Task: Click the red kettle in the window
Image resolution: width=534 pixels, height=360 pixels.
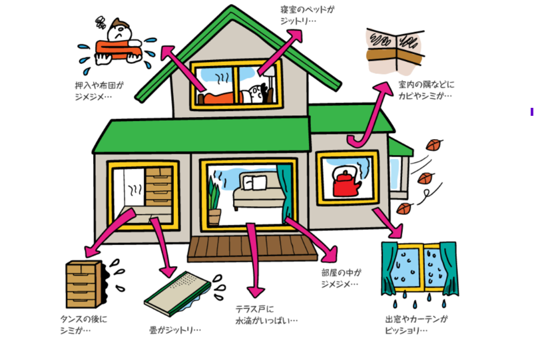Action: [346, 182]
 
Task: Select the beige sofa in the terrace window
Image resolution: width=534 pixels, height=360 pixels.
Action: [256, 194]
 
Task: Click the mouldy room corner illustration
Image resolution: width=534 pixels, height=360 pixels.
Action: [396, 50]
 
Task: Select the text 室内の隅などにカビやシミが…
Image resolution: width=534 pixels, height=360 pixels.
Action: [425, 90]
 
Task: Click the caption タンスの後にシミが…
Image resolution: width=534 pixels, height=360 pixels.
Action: [83, 324]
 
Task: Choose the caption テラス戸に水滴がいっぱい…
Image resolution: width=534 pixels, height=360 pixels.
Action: [266, 315]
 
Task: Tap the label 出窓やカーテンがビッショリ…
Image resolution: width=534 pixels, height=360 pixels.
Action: [416, 325]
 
